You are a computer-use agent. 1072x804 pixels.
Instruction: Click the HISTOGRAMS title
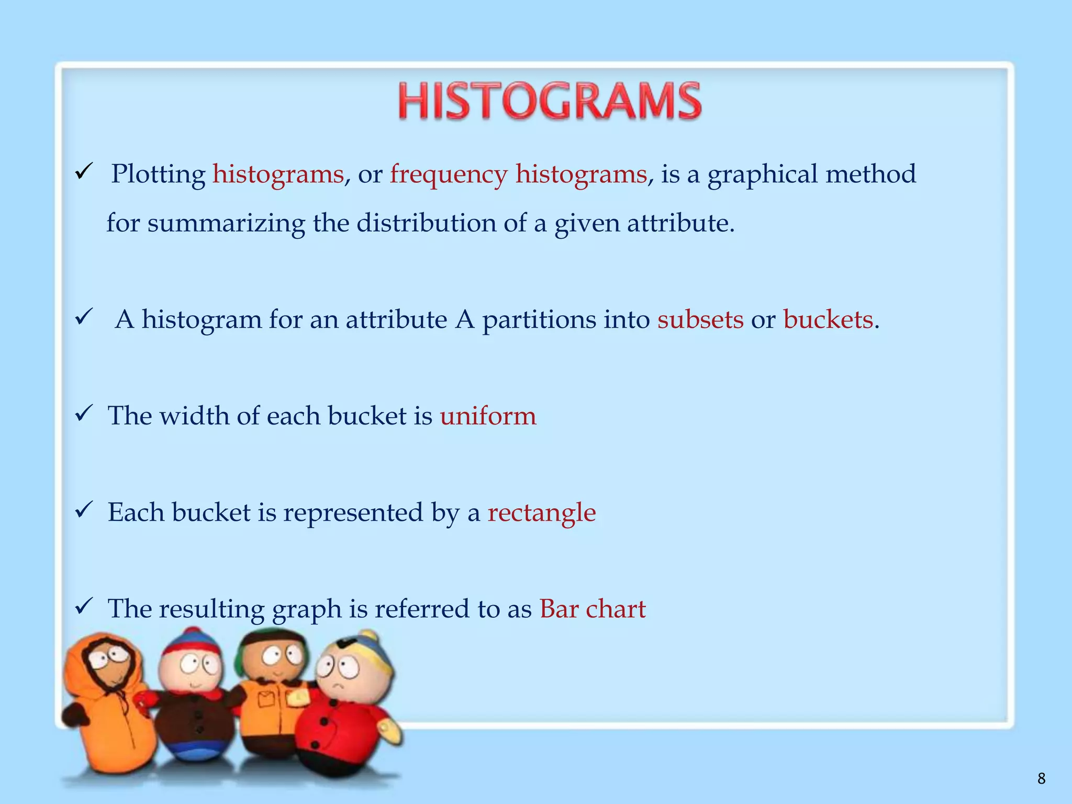(550, 100)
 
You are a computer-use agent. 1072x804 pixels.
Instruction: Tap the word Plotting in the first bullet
(158, 175)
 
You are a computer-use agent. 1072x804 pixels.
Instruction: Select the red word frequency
(449, 175)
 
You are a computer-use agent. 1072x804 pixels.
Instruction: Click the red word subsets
(700, 319)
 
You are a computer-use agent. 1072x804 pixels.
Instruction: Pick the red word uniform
(488, 416)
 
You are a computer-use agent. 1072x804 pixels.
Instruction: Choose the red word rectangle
(542, 512)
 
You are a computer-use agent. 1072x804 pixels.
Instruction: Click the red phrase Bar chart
(593, 609)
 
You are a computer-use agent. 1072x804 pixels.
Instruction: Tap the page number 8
(1041, 779)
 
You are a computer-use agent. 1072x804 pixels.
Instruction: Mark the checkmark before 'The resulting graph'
(84, 606)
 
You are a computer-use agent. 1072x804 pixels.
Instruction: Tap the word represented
(353, 512)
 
